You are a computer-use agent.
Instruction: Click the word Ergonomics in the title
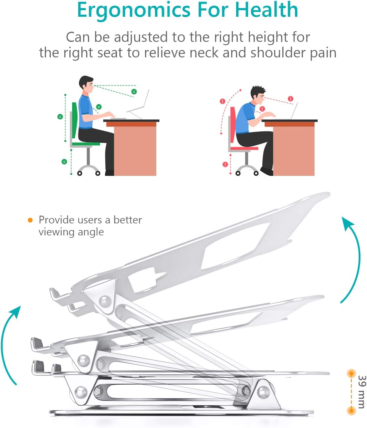click(133, 10)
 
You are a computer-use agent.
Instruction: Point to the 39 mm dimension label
click(361, 392)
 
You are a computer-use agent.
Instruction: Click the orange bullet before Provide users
click(30, 220)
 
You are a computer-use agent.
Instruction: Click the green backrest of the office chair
click(74, 120)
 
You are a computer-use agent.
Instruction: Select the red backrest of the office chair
click(233, 124)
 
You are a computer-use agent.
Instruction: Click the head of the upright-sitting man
click(86, 83)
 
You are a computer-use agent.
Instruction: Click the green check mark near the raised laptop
click(134, 92)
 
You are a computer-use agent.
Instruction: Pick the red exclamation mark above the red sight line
click(290, 99)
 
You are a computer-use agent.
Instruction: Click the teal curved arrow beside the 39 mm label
click(353, 260)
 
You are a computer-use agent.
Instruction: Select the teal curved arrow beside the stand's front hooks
click(9, 344)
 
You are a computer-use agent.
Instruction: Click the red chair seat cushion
click(244, 148)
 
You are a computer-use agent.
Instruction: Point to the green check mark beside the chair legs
click(64, 162)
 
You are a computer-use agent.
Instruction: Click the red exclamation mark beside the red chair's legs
click(225, 165)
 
